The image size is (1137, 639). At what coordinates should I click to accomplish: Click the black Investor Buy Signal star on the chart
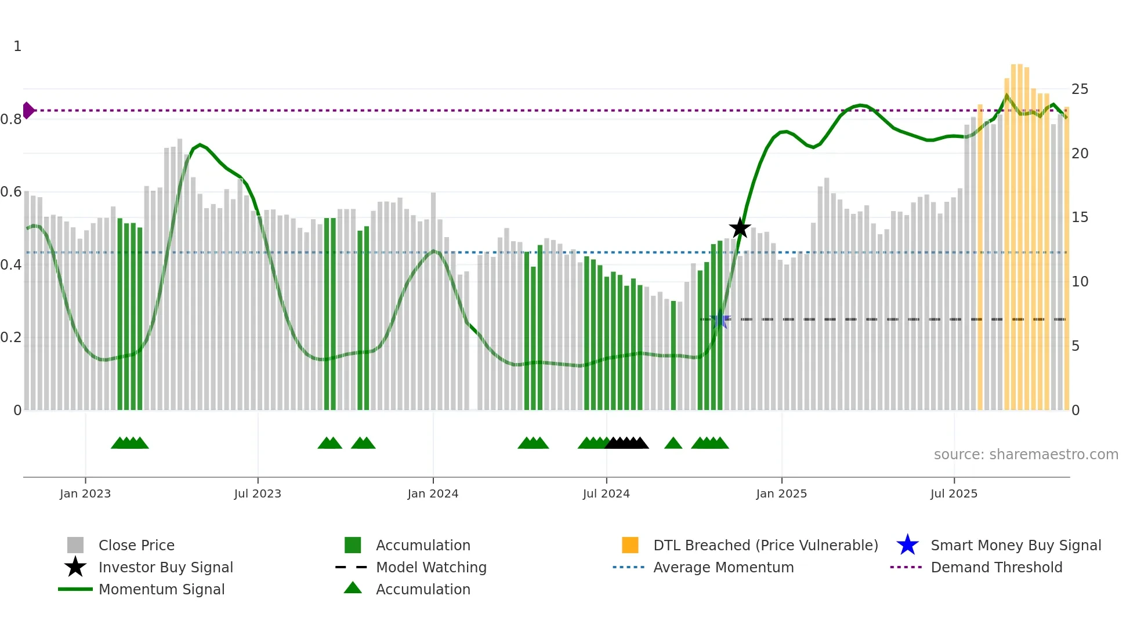[x=740, y=228]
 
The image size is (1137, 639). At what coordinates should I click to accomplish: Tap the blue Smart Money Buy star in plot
[x=720, y=319]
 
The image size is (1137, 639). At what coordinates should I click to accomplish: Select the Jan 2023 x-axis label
[x=85, y=493]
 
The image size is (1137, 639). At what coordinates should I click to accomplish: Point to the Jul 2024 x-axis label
[x=606, y=493]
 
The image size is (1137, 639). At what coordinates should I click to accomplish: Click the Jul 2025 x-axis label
[x=954, y=493]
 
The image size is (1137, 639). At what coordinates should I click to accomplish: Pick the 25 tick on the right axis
[x=1080, y=89]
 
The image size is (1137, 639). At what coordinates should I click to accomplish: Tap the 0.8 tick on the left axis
[x=12, y=119]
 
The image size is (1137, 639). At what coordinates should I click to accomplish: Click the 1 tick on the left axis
[x=17, y=46]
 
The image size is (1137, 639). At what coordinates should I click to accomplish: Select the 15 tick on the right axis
[x=1080, y=217]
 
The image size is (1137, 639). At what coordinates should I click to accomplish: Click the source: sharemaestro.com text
[x=1026, y=455]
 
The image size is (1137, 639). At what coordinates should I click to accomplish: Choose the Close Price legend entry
[x=136, y=546]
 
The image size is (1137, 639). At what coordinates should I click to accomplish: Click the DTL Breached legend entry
[x=765, y=546]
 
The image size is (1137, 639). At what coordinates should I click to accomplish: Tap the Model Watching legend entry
[x=430, y=568]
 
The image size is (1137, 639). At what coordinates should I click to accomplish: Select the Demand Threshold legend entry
[x=996, y=568]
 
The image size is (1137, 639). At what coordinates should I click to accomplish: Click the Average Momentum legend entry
[x=723, y=568]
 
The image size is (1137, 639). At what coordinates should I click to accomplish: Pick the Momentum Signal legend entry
[x=161, y=590]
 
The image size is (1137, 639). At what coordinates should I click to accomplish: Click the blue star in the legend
[x=907, y=546]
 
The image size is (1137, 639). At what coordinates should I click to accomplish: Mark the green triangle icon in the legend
[x=353, y=588]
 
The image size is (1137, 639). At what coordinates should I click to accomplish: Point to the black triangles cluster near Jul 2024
[x=627, y=444]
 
